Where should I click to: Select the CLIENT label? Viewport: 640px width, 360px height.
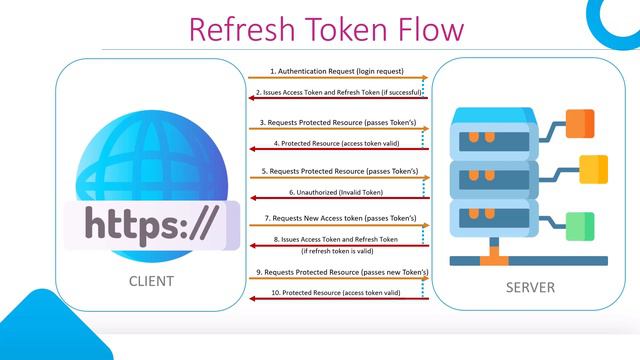[151, 281]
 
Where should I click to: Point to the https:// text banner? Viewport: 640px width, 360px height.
[151, 225]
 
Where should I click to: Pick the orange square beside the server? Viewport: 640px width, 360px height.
[581, 123]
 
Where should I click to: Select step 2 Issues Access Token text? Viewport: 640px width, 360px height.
[340, 92]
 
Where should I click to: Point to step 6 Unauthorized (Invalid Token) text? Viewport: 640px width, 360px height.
[340, 191]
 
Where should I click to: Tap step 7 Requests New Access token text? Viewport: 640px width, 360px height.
[340, 218]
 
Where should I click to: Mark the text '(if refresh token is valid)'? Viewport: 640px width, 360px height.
[340, 250]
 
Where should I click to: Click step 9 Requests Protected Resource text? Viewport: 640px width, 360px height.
[340, 272]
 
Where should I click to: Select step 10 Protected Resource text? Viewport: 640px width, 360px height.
[340, 293]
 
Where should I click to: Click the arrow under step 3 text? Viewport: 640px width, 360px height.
[340, 129]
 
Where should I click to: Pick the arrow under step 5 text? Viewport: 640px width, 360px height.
[340, 178]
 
